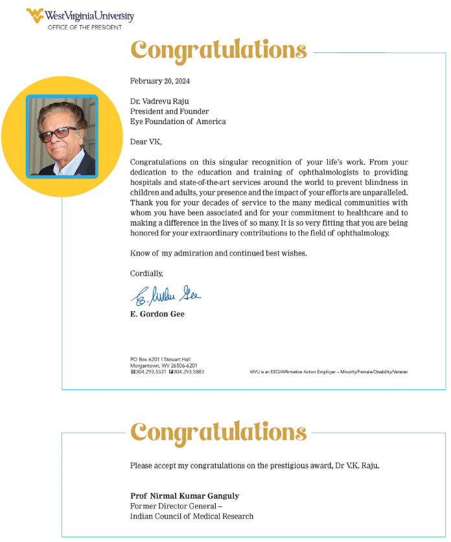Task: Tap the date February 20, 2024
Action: (x=160, y=81)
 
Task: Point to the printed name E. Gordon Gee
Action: (x=157, y=314)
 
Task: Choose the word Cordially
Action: (x=146, y=273)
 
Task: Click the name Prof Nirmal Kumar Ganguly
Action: (x=185, y=496)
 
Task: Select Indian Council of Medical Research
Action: (x=192, y=516)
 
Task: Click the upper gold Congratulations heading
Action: (x=218, y=49)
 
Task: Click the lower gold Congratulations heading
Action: (x=218, y=430)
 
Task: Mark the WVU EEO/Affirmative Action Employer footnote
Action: (x=329, y=372)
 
